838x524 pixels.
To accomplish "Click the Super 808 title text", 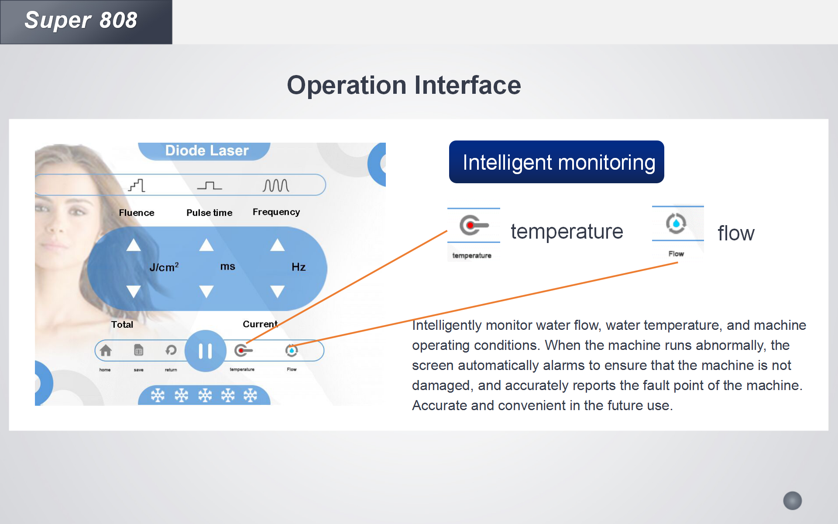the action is tap(81, 21).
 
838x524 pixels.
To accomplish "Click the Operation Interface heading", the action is tap(404, 85).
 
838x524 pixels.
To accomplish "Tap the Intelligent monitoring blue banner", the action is tap(556, 162).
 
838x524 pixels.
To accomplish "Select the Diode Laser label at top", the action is tap(206, 151).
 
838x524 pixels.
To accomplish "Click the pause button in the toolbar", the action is tap(205, 351).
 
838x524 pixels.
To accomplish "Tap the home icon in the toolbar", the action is tap(106, 350).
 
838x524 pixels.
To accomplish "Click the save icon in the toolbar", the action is tap(138, 350).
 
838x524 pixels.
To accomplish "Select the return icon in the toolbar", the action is tap(171, 350).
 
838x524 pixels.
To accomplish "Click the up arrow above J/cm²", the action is tap(134, 245).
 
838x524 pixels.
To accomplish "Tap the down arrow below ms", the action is tap(206, 291).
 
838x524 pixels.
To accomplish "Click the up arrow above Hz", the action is tap(277, 245).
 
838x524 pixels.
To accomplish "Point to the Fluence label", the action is tap(137, 212).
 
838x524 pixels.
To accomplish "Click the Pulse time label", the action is tap(209, 212).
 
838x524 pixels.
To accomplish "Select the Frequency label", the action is tap(276, 212).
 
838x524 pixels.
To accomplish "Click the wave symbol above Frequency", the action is tap(276, 185).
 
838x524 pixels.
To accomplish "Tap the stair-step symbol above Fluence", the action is tap(137, 185).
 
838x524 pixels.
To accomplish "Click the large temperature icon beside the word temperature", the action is tap(474, 225).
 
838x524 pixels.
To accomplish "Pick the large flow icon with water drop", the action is tap(676, 223).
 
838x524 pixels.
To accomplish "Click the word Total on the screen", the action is tap(122, 324).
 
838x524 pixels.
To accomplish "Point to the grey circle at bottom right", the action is tap(793, 500).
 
